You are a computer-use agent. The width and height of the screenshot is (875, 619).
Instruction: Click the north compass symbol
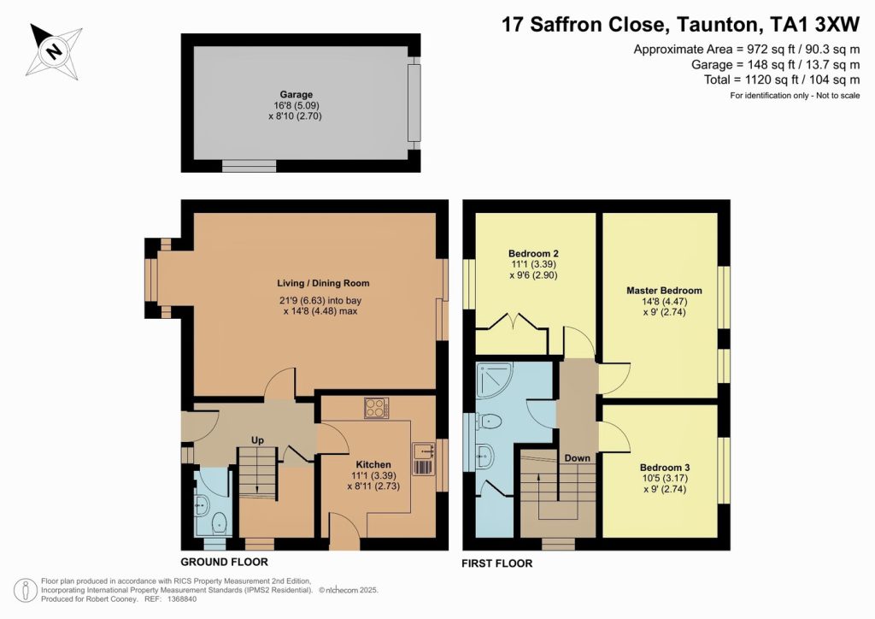tap(54, 50)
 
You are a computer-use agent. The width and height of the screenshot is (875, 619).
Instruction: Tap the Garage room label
tap(296, 95)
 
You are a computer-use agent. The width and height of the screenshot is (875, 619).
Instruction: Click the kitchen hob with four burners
tap(377, 409)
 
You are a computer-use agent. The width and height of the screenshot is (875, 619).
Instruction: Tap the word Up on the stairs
tap(256, 440)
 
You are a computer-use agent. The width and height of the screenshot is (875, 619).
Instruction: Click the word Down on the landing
tap(577, 458)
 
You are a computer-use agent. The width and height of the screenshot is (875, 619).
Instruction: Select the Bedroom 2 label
tap(533, 254)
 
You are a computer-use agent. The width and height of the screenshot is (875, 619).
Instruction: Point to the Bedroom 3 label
tap(664, 469)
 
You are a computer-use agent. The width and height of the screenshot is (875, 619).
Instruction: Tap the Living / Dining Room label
tap(322, 283)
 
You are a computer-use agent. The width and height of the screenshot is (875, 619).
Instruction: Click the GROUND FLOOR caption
tap(224, 562)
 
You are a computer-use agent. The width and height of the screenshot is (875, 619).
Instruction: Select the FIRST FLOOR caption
tap(497, 563)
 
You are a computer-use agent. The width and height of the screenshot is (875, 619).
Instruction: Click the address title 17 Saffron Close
tap(598, 24)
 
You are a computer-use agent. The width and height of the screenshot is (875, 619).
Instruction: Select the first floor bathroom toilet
tap(489, 420)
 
